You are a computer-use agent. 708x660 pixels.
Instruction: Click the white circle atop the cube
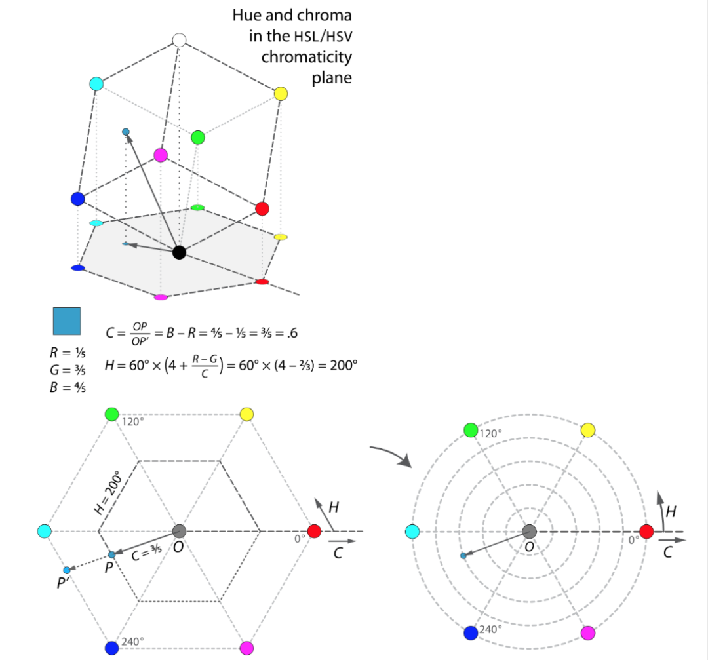(180, 40)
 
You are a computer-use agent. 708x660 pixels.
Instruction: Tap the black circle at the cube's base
(179, 252)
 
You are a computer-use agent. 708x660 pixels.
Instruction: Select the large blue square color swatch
(66, 321)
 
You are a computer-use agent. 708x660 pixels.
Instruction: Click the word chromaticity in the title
(306, 57)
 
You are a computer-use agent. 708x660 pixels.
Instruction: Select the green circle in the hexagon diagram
(111, 414)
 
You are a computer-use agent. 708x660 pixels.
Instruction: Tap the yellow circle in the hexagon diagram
(246, 414)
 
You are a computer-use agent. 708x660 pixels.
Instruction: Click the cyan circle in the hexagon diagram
(45, 531)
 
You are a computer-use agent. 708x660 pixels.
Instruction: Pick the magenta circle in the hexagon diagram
(246, 648)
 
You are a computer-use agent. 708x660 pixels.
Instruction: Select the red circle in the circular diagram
(646, 531)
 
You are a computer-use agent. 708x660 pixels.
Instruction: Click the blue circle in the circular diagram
(471, 632)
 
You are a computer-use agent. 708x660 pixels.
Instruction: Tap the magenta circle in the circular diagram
(588, 632)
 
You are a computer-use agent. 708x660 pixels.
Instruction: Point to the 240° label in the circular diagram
(490, 629)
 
